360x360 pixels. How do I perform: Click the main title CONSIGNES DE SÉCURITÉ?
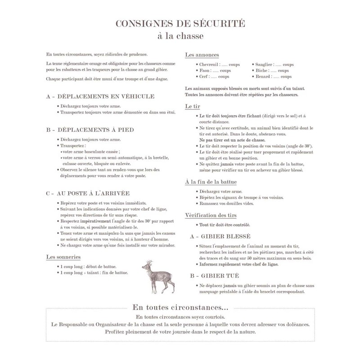pos(180,23)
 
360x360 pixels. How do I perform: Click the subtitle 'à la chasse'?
pos(180,36)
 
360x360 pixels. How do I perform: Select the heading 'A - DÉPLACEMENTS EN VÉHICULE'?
pos(100,96)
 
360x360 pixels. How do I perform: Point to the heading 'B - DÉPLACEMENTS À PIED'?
pos(90,130)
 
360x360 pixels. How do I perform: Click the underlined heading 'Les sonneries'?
pos(63,257)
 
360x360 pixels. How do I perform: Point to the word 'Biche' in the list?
pos(262,71)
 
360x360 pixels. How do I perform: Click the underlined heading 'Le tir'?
pos(193,106)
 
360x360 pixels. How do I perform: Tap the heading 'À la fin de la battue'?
pos(211,182)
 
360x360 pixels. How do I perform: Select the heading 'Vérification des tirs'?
pos(211,215)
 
